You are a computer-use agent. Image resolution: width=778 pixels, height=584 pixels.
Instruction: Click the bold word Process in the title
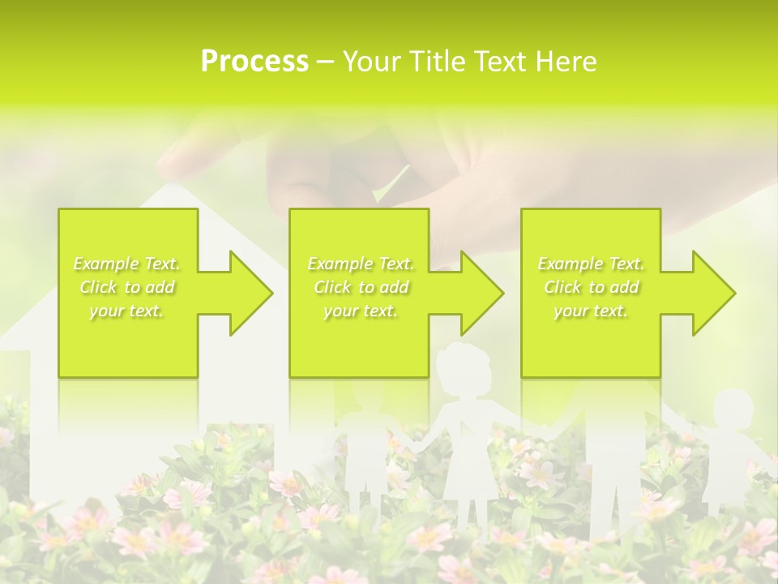tap(254, 62)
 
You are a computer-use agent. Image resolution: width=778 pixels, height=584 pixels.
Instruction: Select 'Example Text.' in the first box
tap(127, 264)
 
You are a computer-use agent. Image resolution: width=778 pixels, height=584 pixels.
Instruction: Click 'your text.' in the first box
tap(127, 311)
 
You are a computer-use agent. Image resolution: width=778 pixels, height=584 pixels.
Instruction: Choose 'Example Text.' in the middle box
tap(361, 264)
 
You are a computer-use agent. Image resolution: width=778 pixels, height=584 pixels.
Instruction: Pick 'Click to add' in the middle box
tap(361, 287)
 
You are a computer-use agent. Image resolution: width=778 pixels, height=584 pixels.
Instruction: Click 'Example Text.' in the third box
tap(591, 264)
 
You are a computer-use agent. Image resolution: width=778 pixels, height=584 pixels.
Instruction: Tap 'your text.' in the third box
tap(591, 311)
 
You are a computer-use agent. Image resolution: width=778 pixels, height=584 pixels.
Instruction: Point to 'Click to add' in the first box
tap(127, 287)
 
